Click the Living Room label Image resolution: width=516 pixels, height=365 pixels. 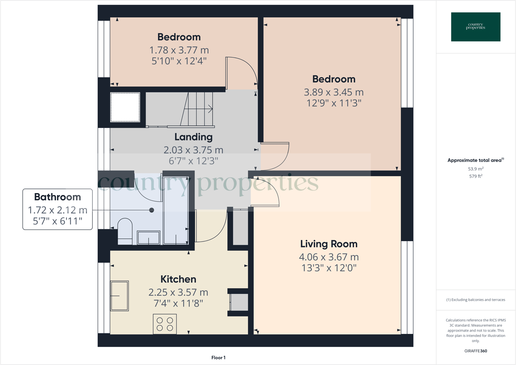329,244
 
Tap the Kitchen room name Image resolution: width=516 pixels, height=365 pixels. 178,279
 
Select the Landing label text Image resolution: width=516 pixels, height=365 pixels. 193,137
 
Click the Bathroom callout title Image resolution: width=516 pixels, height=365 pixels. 58,197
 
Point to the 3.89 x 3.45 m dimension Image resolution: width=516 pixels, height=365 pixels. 333,92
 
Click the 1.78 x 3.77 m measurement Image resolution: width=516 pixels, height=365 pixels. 179,50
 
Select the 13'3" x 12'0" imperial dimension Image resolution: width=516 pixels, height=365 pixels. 329,268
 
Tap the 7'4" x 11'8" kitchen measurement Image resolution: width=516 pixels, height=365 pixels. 178,303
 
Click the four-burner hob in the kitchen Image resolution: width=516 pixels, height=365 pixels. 165,324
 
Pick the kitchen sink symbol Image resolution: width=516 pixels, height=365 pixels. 120,295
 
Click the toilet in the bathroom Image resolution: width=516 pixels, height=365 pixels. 125,232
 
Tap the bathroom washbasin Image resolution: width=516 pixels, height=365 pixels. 148,238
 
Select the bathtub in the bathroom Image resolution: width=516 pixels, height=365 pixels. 176,210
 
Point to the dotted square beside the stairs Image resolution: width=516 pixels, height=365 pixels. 125,107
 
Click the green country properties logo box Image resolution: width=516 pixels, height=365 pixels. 476,27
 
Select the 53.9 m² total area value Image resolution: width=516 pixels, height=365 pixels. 476,169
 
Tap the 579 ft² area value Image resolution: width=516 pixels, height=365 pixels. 476,177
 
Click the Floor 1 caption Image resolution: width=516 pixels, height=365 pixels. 218,358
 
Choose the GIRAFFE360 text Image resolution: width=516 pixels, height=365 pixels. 476,351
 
